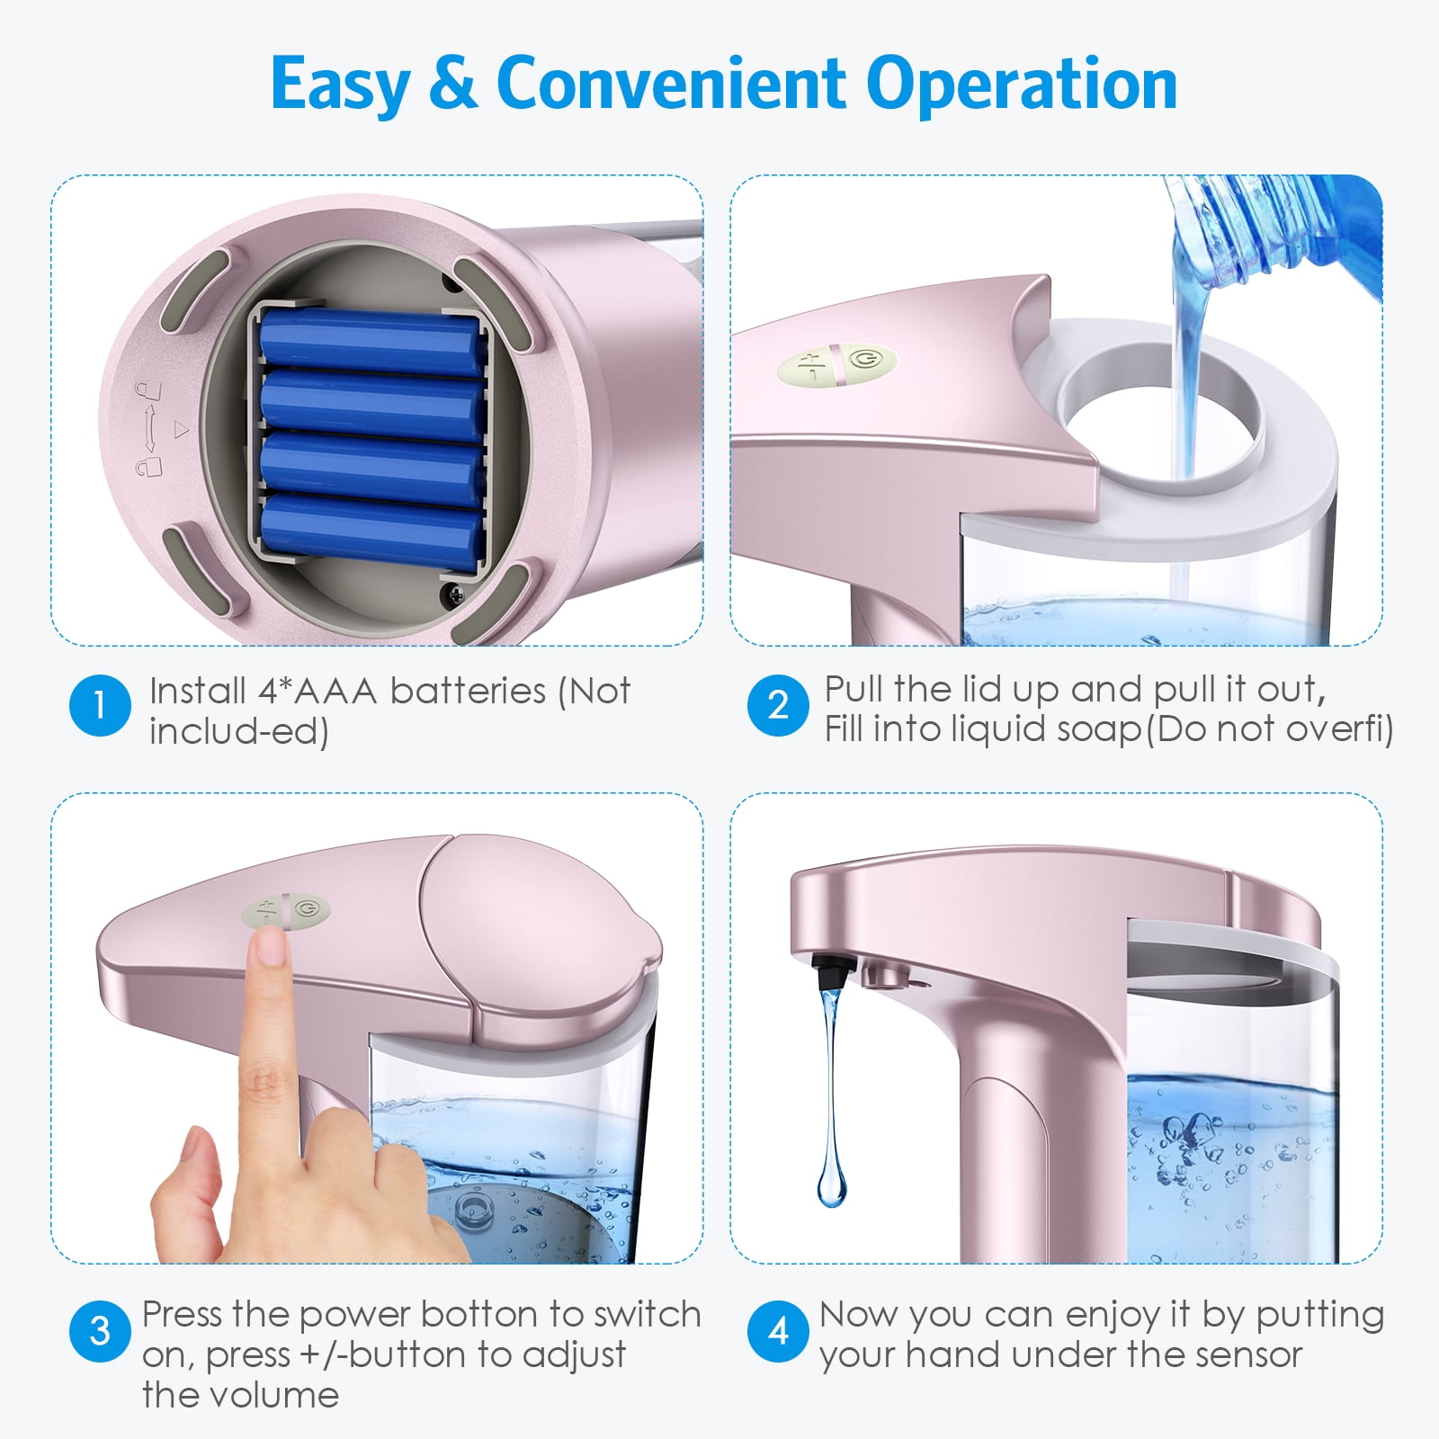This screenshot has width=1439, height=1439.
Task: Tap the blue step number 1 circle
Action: point(100,706)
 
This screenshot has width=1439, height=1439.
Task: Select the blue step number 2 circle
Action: point(778,706)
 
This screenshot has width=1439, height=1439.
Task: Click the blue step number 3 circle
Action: point(100,1331)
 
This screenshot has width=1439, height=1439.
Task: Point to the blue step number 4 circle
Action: point(778,1331)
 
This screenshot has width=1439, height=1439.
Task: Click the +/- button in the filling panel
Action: point(809,366)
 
